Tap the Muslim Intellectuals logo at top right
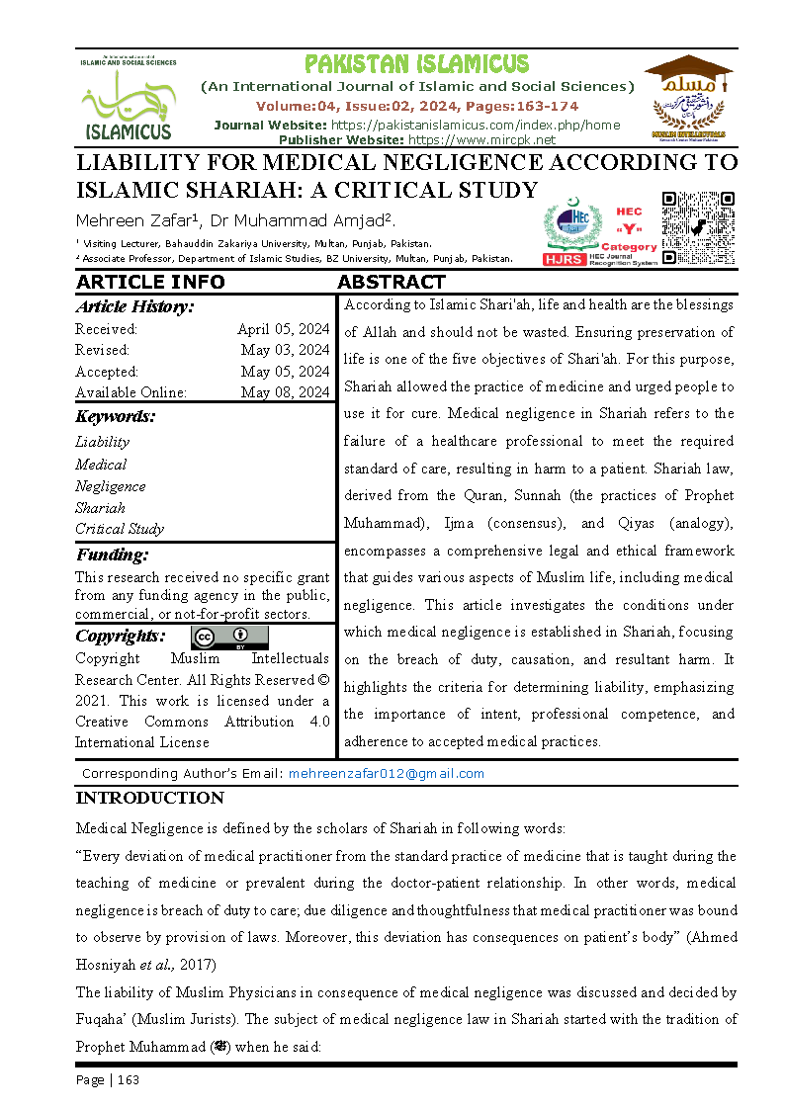(x=688, y=99)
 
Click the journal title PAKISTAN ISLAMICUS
(x=416, y=65)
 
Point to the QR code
(x=698, y=228)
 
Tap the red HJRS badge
(x=565, y=259)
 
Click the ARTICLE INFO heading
(x=150, y=283)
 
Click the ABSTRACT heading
(x=392, y=283)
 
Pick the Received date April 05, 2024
(x=283, y=329)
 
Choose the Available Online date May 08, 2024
(x=285, y=392)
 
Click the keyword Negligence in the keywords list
(x=111, y=486)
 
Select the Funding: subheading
(x=113, y=555)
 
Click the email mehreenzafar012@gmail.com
(x=386, y=774)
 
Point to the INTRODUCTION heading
(x=150, y=799)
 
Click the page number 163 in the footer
(x=129, y=1080)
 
